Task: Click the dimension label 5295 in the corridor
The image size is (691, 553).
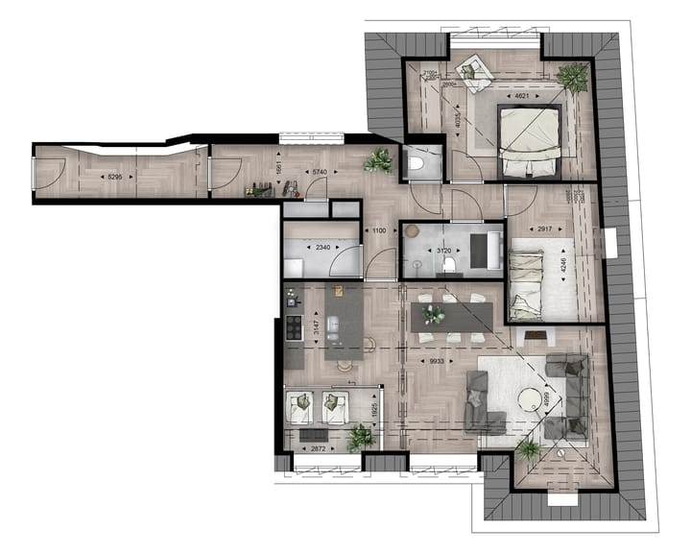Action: click(114, 177)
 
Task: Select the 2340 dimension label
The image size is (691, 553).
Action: click(322, 248)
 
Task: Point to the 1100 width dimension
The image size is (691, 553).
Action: click(379, 231)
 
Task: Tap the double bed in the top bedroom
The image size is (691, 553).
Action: click(528, 141)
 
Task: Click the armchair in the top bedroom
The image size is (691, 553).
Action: click(472, 69)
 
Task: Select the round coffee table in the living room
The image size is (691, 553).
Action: click(531, 397)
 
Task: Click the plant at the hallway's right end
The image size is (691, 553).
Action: click(378, 160)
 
